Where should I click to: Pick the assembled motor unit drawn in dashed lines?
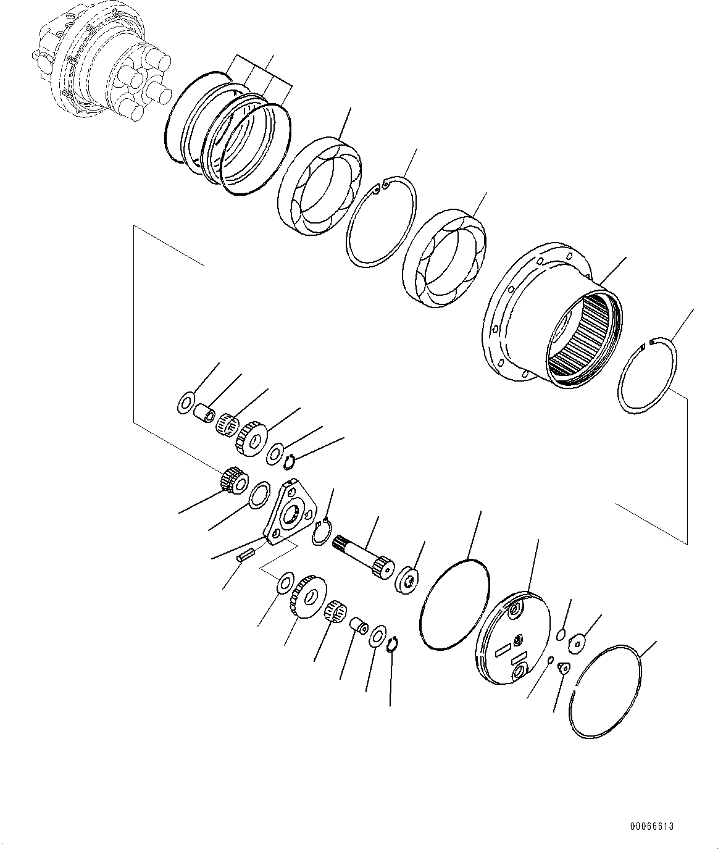pos(101,69)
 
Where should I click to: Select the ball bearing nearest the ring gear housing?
pos(444,258)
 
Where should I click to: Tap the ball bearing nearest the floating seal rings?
pos(320,186)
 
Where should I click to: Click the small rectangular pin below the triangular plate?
pos(246,555)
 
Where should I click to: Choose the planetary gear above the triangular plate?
pos(251,438)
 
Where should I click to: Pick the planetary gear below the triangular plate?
pos(307,601)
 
